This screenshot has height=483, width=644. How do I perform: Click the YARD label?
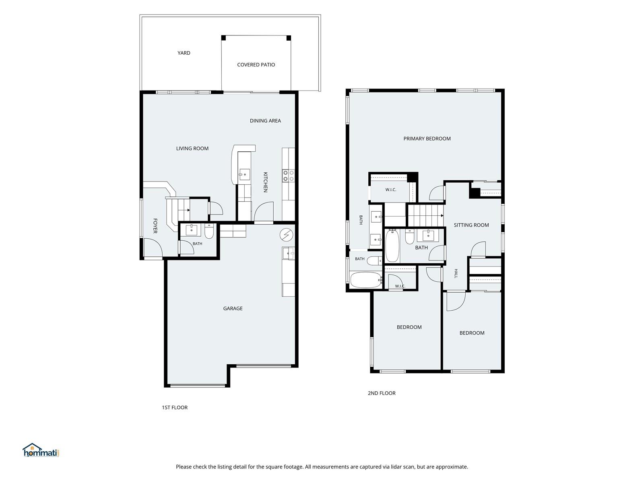point(184,53)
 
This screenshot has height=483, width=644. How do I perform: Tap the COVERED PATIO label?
point(256,65)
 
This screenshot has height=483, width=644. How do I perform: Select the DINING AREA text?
point(265,121)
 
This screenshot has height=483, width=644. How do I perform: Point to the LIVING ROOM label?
point(192,149)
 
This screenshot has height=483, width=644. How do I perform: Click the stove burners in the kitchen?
point(289,176)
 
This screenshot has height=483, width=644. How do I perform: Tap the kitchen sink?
point(244,175)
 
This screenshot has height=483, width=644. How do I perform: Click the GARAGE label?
point(233,308)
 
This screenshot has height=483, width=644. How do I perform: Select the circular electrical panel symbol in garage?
point(286,235)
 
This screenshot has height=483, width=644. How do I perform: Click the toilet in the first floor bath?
point(209,231)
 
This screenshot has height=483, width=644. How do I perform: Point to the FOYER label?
point(155,226)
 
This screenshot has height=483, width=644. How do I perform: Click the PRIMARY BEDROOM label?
point(427,139)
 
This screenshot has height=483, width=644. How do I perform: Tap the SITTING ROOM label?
point(471,225)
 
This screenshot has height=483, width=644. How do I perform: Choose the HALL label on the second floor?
point(456,273)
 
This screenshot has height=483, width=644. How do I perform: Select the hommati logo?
point(41,450)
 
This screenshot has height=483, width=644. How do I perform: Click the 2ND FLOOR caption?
point(382,393)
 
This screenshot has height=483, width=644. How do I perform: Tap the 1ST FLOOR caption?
point(175,408)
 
